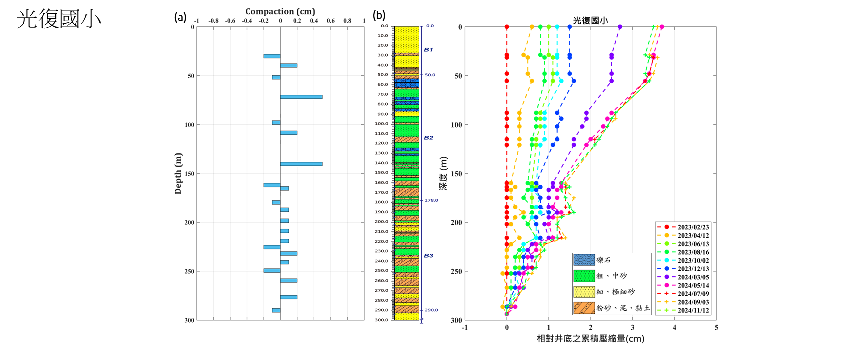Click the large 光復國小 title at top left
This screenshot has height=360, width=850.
59,19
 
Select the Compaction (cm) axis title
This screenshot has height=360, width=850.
280,11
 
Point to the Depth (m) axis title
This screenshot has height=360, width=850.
178,173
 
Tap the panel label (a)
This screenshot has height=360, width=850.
180,17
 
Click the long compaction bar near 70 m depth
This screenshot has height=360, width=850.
301,97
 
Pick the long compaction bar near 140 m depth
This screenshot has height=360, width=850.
301,164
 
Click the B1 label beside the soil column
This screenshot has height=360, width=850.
428,50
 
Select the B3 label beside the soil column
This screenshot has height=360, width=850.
428,256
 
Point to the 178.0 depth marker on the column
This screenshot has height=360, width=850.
431,200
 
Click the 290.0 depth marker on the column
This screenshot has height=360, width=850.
431,310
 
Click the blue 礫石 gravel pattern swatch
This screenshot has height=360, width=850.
584,260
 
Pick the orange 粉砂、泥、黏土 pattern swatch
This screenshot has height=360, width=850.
584,308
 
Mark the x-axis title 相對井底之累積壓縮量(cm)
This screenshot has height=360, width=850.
590,339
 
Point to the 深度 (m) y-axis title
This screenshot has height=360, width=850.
443,173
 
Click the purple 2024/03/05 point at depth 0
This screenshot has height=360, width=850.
620,27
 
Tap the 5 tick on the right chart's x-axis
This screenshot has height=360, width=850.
716,328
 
